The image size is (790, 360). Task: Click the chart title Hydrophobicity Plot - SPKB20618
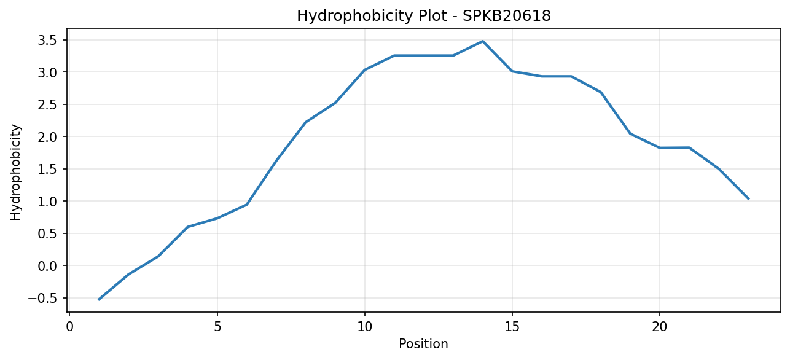pos(424,16)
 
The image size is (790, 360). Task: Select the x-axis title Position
pos(423,344)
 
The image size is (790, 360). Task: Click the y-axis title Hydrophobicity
pos(15,172)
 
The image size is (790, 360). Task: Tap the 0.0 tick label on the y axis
pos(47,266)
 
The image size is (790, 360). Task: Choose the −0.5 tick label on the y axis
pos(42,299)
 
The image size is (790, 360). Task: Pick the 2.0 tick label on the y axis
pos(47,137)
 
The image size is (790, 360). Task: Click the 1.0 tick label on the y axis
pos(47,202)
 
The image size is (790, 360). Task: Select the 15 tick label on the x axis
pos(512,327)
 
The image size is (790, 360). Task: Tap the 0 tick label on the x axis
pos(70,327)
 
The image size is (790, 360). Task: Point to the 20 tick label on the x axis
pos(660,327)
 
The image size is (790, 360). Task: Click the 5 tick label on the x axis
pos(217,327)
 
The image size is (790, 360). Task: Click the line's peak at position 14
pos(482,41)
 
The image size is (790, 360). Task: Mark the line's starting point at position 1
pos(99,300)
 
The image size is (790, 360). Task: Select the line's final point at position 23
pos(748,199)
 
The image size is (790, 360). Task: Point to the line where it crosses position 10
pos(365,70)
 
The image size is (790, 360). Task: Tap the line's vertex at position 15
pos(512,71)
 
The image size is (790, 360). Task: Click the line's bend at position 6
pos(246,205)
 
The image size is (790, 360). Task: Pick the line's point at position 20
pos(660,147)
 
